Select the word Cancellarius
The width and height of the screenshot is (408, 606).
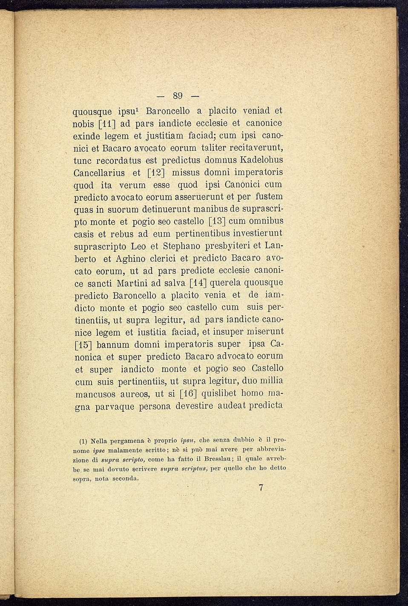(x=99, y=173)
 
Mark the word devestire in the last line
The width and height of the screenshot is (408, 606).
(x=191, y=405)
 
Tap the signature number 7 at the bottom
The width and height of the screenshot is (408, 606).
(x=261, y=488)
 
